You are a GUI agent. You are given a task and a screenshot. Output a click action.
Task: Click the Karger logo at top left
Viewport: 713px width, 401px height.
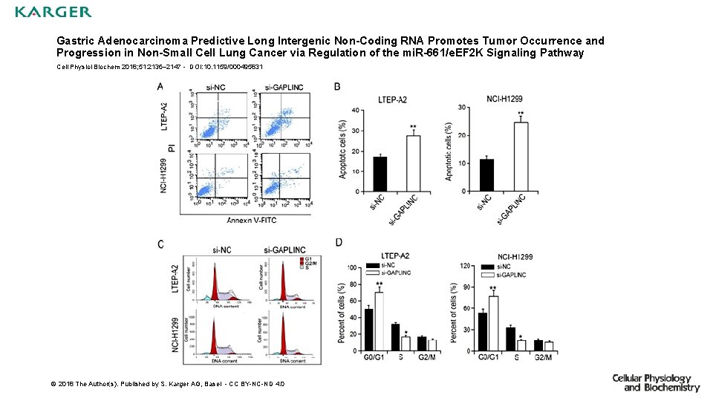click(x=53, y=12)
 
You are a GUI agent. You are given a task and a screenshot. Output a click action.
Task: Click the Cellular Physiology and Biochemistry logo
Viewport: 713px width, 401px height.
click(x=655, y=382)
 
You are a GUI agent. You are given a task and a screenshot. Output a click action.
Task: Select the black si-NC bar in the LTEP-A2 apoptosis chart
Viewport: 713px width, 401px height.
click(x=380, y=174)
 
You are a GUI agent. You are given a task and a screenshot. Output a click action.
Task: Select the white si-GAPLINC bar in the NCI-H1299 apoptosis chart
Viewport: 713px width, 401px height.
click(x=521, y=157)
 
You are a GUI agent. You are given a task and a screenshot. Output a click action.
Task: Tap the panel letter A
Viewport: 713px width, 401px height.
click(x=161, y=87)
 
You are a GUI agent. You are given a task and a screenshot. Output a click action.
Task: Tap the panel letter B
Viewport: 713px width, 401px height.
click(x=338, y=87)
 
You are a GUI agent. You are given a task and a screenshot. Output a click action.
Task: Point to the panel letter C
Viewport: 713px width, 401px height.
click(x=161, y=244)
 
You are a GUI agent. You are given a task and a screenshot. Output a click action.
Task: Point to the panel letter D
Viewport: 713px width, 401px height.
click(x=339, y=243)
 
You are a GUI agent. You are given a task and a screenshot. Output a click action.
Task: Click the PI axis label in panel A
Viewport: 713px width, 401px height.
click(x=172, y=149)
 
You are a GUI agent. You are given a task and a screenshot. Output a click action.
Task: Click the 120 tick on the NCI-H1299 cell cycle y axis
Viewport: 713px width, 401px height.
click(x=465, y=266)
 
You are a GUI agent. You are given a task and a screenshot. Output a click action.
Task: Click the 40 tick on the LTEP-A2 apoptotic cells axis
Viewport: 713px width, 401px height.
click(x=356, y=111)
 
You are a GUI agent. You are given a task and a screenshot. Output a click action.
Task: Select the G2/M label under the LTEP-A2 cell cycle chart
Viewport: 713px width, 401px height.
click(x=426, y=357)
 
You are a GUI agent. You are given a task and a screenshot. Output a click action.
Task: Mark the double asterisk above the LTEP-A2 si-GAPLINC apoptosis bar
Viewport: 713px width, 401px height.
click(x=412, y=127)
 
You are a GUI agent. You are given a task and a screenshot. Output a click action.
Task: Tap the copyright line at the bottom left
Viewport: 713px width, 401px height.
click(x=167, y=384)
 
